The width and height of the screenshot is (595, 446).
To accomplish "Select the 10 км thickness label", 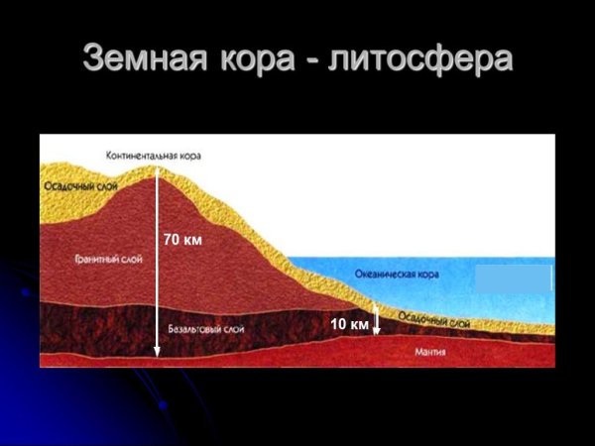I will pyautogui.click(x=349, y=323).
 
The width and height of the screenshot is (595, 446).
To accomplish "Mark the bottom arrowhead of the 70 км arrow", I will pyautogui.click(x=157, y=352).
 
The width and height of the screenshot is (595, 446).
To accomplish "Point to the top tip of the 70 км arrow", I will pyautogui.click(x=157, y=169).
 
